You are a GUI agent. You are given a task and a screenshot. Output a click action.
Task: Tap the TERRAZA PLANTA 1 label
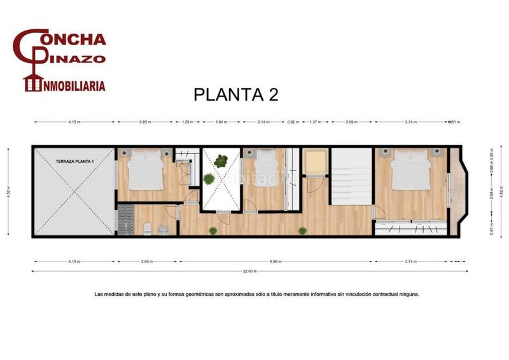coord(74,162)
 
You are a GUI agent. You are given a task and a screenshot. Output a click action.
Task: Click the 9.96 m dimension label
coord(275,261)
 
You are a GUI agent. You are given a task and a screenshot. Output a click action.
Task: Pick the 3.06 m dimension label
coord(146,261)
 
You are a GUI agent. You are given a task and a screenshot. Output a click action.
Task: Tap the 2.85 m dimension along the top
coord(144,122)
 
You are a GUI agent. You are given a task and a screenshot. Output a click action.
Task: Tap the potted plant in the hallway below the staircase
coord(302,231)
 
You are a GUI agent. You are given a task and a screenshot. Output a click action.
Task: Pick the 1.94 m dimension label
coord(220,122)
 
